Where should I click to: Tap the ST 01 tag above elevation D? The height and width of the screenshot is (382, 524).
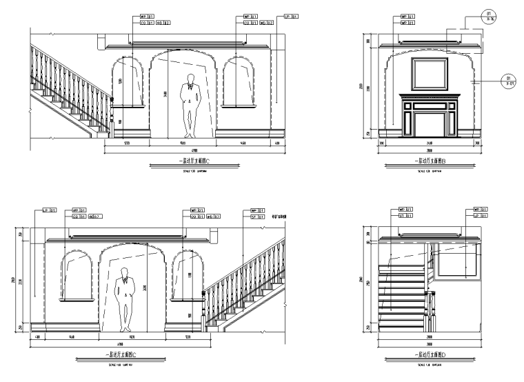[407, 214]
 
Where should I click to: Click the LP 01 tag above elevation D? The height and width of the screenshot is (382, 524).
[481, 214]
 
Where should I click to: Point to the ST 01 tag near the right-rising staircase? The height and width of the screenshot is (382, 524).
[257, 214]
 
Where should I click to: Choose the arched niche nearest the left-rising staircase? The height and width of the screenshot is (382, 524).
[128, 83]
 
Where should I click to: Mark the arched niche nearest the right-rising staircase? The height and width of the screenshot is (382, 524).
[184, 276]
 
